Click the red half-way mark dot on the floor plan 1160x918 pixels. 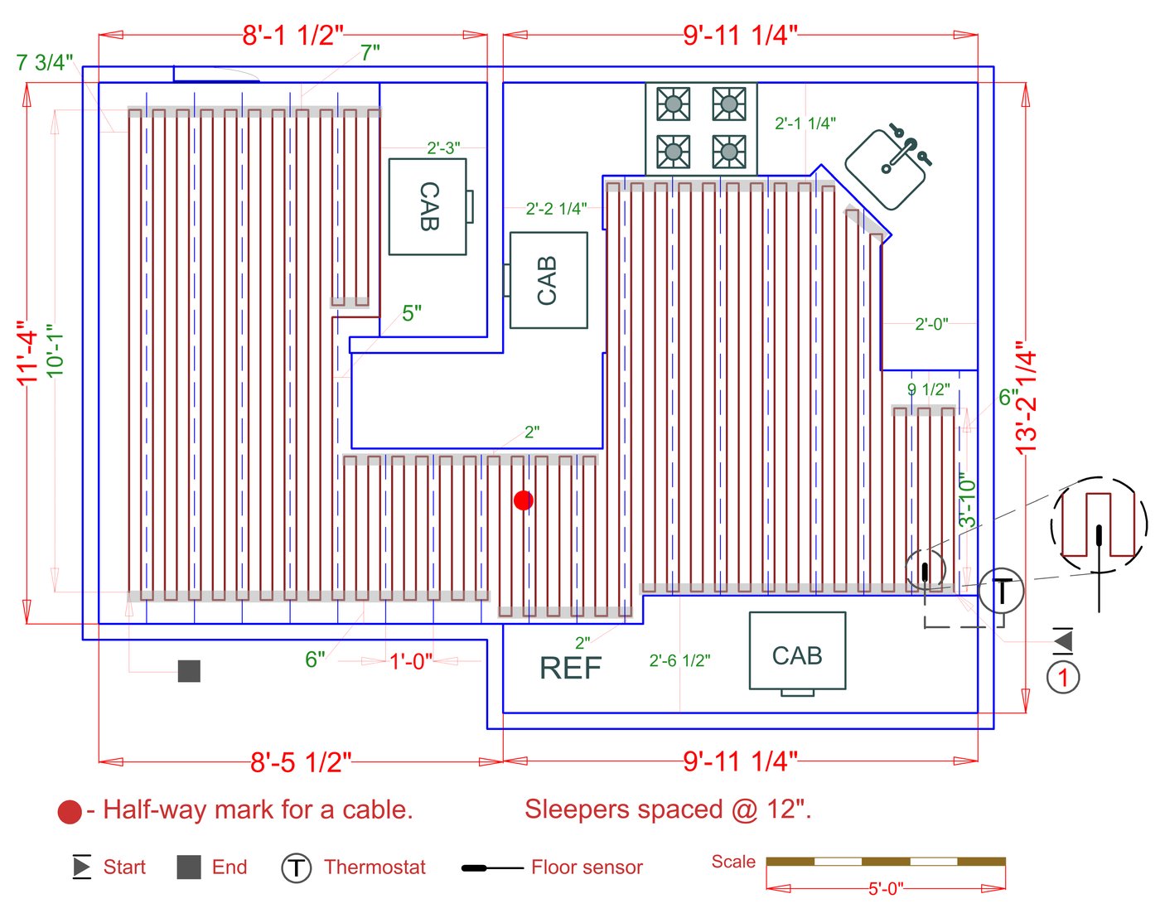[x=523, y=500]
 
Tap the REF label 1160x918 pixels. [x=570, y=668]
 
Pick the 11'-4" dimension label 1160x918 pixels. [x=27, y=353]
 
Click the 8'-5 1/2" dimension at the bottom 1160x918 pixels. [x=301, y=762]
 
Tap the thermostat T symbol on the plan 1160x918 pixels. [x=1001, y=591]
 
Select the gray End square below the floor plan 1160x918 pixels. [x=189, y=671]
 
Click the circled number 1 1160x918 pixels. [x=1063, y=677]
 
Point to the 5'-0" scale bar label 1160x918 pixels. [x=885, y=889]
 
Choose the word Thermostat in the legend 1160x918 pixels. [x=375, y=867]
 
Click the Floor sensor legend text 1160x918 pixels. [x=587, y=867]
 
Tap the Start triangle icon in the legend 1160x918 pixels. [x=81, y=867]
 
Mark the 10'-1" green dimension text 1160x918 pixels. [x=55, y=351]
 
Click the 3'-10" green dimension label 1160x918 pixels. [x=967, y=500]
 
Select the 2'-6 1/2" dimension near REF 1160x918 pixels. [x=679, y=660]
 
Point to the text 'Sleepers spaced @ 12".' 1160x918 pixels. [x=668, y=809]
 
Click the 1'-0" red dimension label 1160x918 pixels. [x=411, y=661]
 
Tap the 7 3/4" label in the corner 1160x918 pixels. [x=45, y=63]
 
